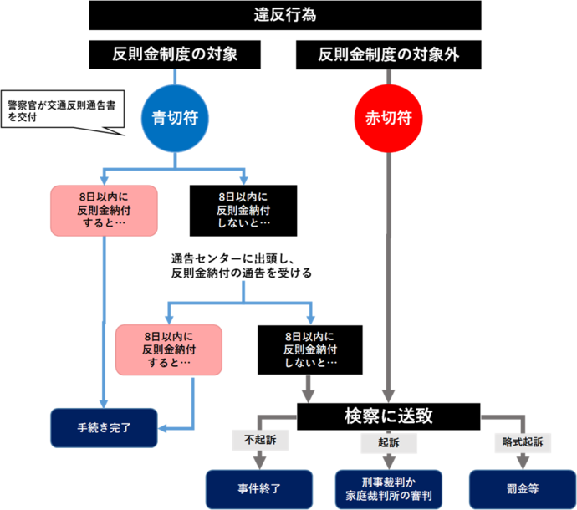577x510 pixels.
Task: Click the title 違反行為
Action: (x=285, y=15)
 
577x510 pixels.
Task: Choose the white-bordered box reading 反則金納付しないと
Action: (x=310, y=349)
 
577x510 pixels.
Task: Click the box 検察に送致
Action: (x=389, y=416)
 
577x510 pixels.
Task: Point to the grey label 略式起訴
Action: (x=522, y=441)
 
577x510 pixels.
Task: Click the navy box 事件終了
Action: (x=259, y=489)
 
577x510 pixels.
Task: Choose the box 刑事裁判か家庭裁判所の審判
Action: (x=388, y=489)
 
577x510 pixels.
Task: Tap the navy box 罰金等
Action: (x=521, y=489)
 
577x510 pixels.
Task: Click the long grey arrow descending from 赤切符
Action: (x=389, y=276)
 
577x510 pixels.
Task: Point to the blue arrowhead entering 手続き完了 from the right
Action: (x=165, y=428)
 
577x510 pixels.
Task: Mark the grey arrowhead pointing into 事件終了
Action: (x=259, y=460)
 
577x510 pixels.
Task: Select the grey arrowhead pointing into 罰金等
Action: (x=522, y=461)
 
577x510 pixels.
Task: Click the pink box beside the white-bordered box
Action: (x=169, y=349)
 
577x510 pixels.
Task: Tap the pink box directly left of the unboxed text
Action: (x=104, y=210)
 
